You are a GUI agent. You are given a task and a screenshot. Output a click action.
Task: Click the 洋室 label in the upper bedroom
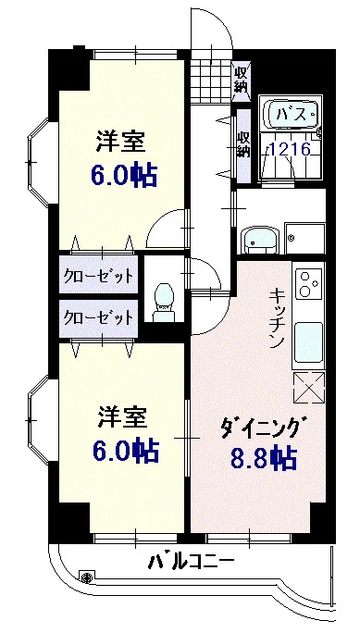point(122,143)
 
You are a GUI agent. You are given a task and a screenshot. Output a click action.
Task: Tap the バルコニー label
point(191,563)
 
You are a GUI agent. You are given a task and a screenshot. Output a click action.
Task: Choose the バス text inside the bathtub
point(292,116)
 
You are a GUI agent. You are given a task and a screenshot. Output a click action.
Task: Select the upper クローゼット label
point(98,276)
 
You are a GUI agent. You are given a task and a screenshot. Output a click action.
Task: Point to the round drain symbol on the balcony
point(87,577)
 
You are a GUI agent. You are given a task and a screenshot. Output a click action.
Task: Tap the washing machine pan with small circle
point(304,238)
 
